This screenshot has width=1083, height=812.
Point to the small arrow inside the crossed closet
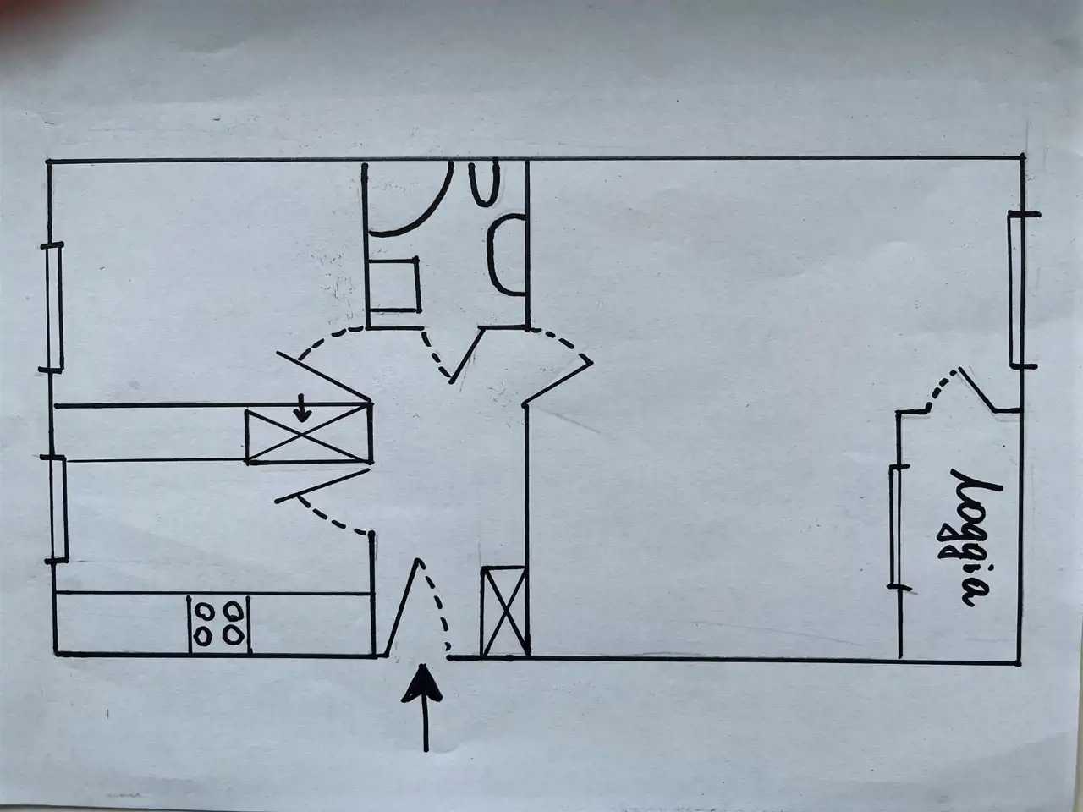point(302,412)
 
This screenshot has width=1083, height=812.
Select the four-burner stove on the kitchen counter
point(219,623)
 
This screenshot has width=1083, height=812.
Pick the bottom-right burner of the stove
point(234,634)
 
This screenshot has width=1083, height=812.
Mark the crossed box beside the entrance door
point(504,612)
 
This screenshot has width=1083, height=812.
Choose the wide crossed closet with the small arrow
point(308,435)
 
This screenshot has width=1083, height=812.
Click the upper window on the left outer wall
point(55,306)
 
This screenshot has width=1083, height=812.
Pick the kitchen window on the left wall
point(58,507)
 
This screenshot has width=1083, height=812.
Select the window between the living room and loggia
point(894,525)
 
